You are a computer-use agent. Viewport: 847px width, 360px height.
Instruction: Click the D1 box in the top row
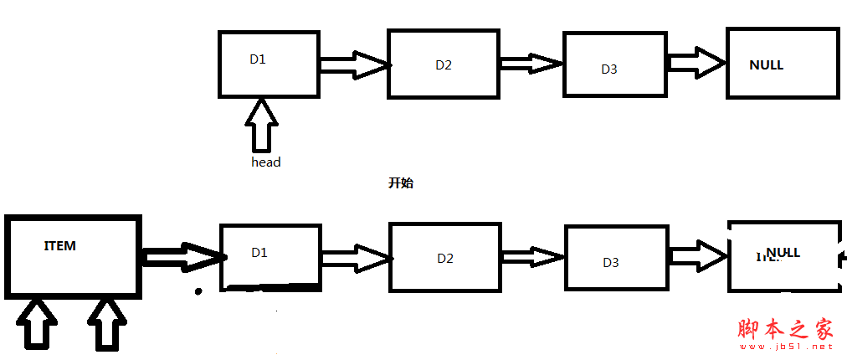(x=268, y=64)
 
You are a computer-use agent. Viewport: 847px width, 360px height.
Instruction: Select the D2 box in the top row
(x=444, y=64)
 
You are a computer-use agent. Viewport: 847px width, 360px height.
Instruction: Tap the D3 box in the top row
(x=613, y=64)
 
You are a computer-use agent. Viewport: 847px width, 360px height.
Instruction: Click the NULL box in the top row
(x=782, y=64)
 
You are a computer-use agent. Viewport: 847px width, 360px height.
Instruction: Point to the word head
(x=265, y=162)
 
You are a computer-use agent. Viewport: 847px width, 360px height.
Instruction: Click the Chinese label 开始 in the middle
(x=401, y=183)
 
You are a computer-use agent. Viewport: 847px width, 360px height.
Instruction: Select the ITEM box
(x=72, y=255)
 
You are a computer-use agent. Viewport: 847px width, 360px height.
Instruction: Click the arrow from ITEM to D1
(x=181, y=256)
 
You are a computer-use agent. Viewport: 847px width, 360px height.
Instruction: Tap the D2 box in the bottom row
(x=445, y=259)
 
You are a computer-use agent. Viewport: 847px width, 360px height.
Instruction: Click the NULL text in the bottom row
(x=783, y=252)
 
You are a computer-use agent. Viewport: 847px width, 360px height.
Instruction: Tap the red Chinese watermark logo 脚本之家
(x=786, y=329)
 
